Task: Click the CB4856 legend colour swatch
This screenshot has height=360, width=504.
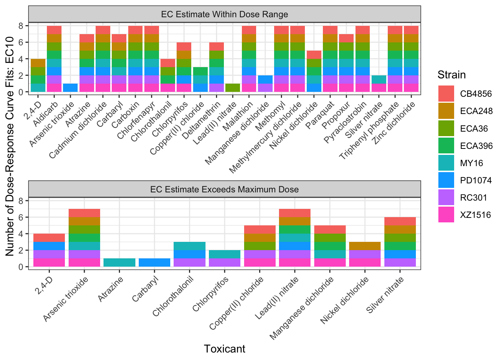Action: (x=446, y=94)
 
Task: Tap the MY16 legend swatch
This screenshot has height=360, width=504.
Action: (x=446, y=163)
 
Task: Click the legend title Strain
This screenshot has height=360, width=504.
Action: (x=451, y=75)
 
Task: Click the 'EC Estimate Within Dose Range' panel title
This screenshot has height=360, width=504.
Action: (x=225, y=15)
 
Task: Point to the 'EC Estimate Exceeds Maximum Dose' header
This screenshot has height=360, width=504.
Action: (x=225, y=189)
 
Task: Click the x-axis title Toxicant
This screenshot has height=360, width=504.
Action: (x=225, y=349)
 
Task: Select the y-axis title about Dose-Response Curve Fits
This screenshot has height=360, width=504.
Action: (x=10, y=146)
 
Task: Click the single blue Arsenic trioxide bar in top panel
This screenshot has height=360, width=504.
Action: (x=70, y=88)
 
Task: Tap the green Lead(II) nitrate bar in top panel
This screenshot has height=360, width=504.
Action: (x=233, y=88)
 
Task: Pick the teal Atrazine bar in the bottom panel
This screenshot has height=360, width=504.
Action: (x=119, y=262)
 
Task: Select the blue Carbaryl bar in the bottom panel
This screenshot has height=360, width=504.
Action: (x=154, y=262)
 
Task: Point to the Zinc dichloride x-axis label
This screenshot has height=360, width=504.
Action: (x=394, y=123)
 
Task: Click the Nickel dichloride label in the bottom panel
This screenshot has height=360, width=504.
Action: (x=345, y=300)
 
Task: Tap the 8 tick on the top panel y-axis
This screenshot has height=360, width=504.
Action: (x=21, y=26)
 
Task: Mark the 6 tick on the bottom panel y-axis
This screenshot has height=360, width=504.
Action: (x=21, y=217)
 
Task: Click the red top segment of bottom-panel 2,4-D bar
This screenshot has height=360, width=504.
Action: (x=49, y=238)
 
